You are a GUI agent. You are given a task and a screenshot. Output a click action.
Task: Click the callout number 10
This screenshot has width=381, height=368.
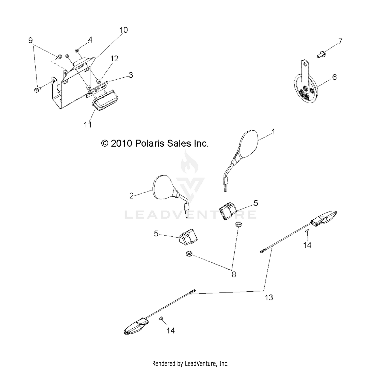click(x=123, y=30)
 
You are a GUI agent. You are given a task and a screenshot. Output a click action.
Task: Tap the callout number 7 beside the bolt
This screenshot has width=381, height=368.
click(x=340, y=41)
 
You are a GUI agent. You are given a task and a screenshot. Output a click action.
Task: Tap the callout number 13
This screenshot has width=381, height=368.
click(x=269, y=297)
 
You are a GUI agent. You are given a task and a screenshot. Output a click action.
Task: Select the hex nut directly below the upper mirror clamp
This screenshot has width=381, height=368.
click(x=239, y=224)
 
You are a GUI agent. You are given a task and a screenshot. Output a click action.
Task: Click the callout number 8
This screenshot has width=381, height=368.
click(x=234, y=274)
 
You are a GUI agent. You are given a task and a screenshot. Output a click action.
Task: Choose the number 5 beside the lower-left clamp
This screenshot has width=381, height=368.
click(x=156, y=234)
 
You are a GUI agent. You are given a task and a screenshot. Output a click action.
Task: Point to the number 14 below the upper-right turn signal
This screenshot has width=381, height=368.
click(x=307, y=245)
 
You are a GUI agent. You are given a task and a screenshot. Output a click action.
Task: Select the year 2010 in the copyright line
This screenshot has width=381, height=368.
click(x=121, y=144)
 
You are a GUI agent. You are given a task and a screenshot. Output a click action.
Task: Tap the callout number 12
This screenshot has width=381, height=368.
click(x=114, y=59)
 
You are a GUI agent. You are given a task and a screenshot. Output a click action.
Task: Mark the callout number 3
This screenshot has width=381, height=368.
click(x=131, y=75)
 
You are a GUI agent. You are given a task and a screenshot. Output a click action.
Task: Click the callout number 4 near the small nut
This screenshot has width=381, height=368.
click(x=90, y=40)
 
